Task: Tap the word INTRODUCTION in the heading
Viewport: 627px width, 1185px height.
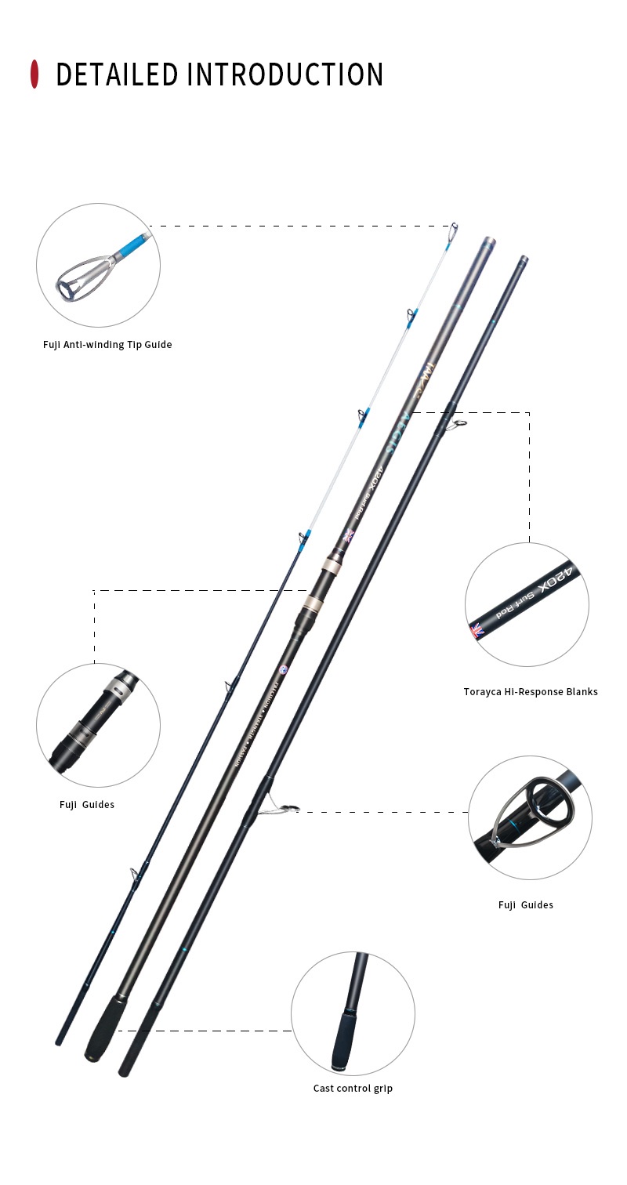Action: [x=285, y=74]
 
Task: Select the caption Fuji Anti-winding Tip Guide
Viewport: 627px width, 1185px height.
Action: [x=107, y=345]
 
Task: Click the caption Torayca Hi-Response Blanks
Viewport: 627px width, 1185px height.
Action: [x=530, y=691]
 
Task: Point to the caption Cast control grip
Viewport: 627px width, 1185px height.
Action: [x=353, y=1088]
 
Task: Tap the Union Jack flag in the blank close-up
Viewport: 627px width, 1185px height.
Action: [x=477, y=630]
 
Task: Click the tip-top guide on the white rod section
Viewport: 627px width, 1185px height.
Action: [x=452, y=231]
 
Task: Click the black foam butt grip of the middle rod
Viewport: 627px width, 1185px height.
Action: [x=105, y=1027]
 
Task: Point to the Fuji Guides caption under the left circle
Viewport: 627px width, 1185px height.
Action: [x=87, y=804]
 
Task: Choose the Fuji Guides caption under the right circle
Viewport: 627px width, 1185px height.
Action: [x=525, y=904]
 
